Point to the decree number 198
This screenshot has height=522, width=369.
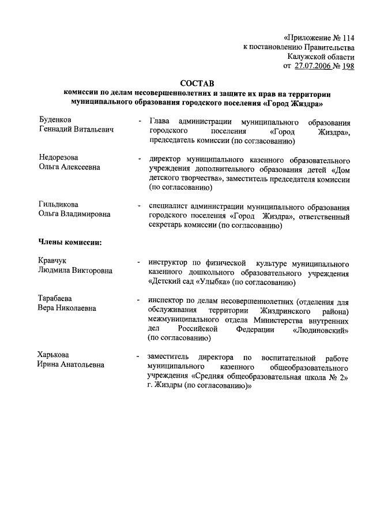click(348, 66)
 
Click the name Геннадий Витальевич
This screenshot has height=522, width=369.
click(76, 130)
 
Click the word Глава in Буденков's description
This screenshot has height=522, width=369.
click(160, 122)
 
